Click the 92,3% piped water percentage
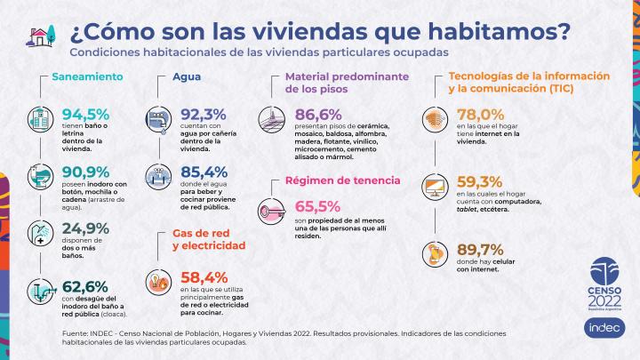[204, 115]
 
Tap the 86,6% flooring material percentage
[319, 115]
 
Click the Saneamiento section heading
[87, 76]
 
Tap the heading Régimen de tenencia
[342, 180]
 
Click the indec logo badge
[600, 327]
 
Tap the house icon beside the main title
[39, 36]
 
